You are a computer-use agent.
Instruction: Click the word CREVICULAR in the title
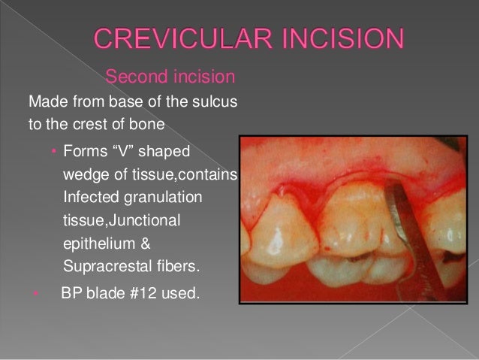point(180,38)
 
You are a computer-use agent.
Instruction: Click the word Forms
point(85,151)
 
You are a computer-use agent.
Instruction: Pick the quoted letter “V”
point(125,151)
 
